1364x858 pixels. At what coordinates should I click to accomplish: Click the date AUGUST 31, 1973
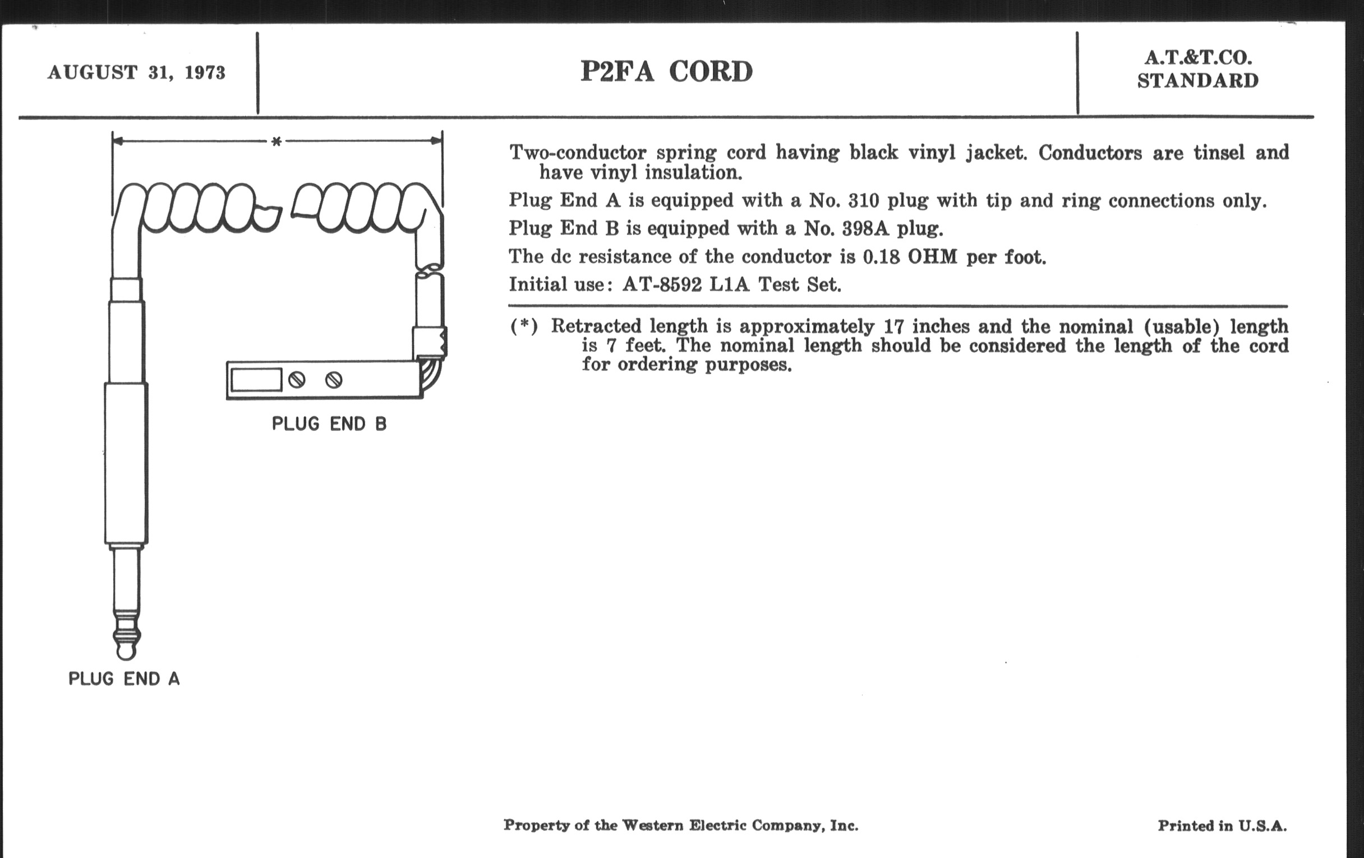(136, 72)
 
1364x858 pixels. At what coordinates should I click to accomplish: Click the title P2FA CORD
(667, 71)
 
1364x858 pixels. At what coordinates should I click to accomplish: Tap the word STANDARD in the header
(1197, 81)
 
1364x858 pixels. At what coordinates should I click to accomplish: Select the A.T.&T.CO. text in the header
(1198, 58)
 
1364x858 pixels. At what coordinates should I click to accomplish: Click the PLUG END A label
(124, 679)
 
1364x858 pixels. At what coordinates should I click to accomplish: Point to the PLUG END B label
(329, 423)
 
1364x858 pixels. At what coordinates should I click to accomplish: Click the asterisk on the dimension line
(277, 141)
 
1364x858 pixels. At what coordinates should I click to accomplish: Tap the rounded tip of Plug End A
(126, 651)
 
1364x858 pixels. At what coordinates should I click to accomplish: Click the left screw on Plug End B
(297, 380)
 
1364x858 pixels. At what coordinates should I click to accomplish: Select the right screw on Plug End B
(334, 380)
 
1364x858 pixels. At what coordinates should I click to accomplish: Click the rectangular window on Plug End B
(257, 380)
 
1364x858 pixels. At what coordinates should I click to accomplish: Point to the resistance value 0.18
(881, 257)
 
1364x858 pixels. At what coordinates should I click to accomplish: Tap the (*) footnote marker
(523, 326)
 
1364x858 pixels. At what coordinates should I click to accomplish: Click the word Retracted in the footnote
(596, 326)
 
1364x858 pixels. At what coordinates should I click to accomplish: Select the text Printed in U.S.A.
(1222, 825)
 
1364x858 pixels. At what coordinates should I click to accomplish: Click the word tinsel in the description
(1218, 153)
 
